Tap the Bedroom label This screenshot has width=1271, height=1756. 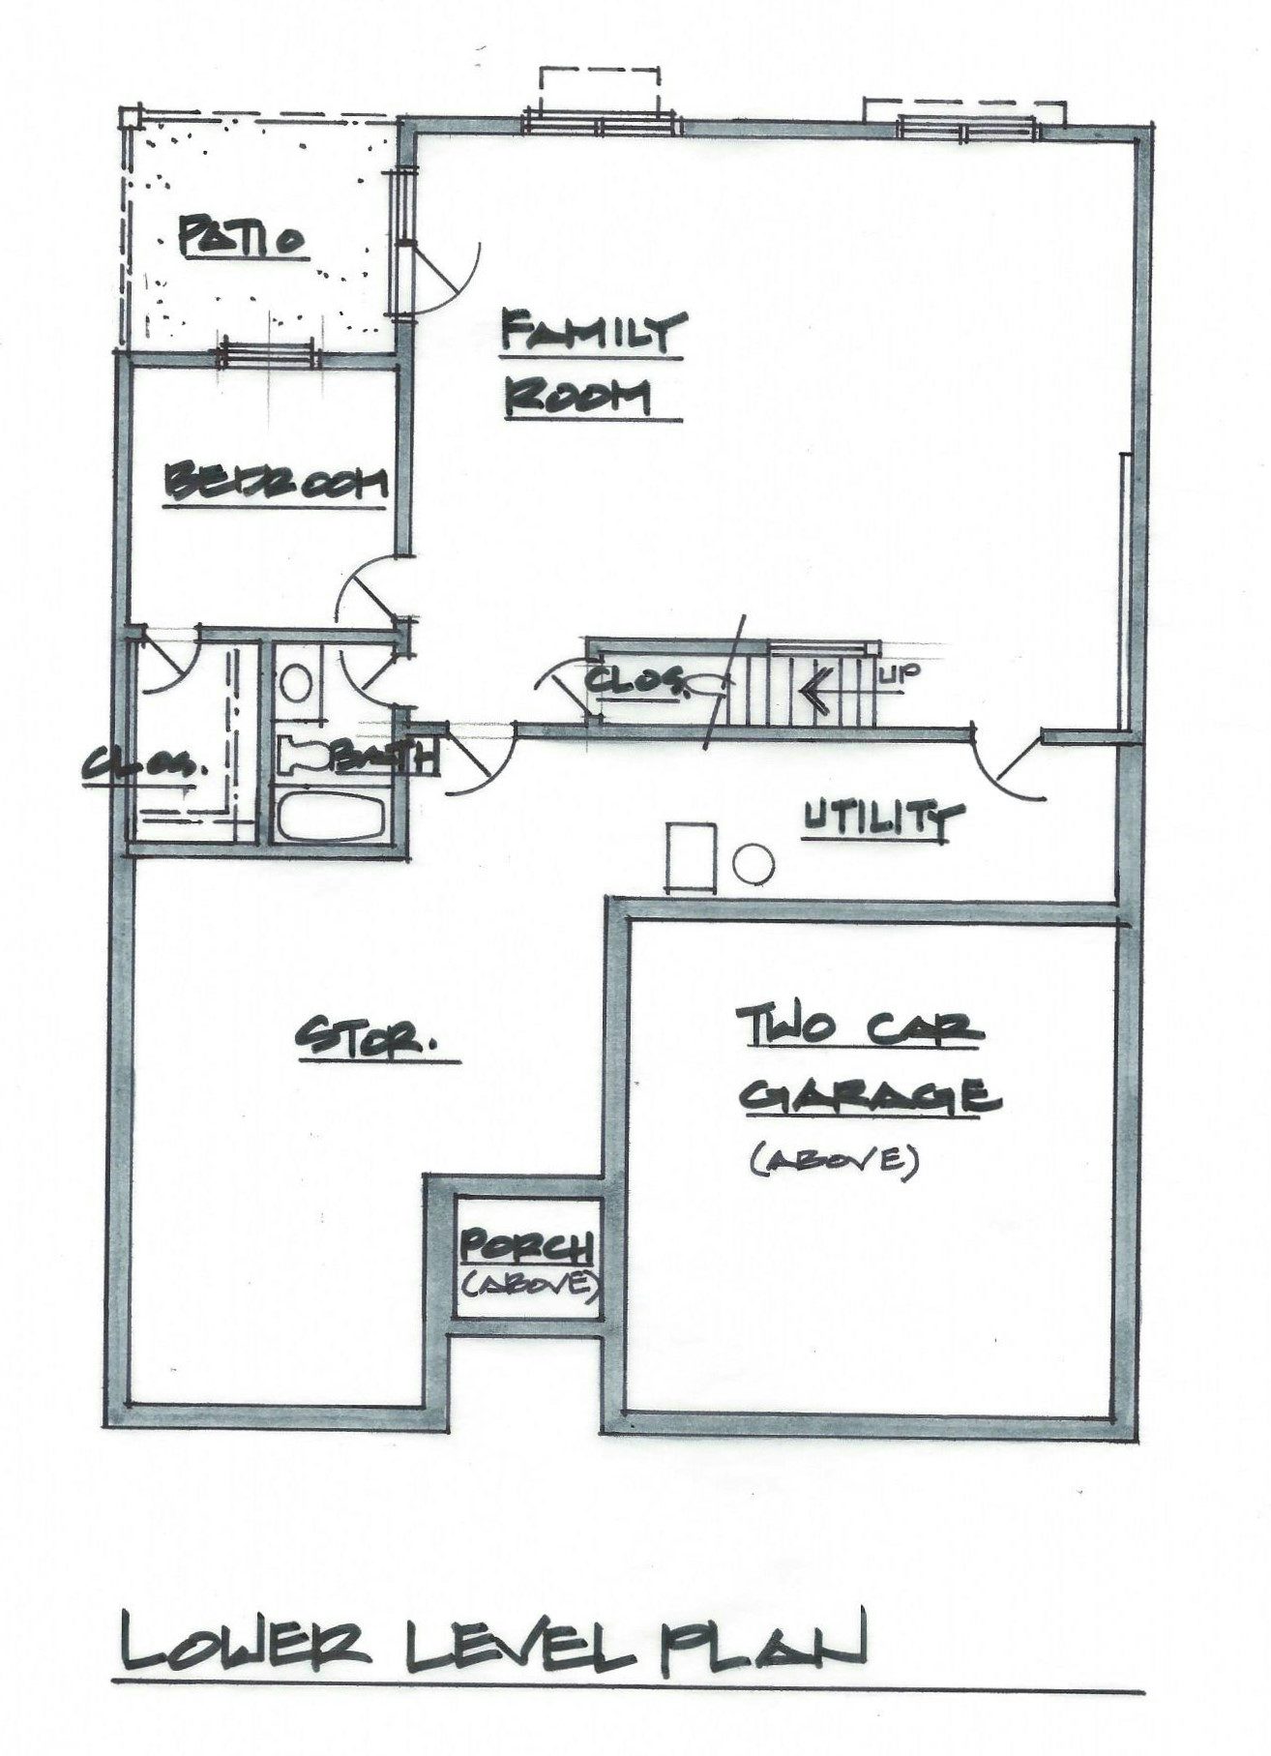[278, 482]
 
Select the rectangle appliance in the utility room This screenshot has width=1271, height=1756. [691, 856]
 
